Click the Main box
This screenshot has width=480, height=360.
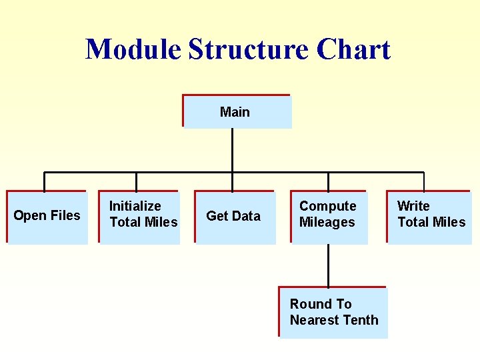tap(237, 111)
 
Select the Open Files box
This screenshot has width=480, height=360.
tap(47, 217)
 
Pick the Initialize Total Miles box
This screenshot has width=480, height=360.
tap(139, 217)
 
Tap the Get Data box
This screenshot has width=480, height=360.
tap(234, 217)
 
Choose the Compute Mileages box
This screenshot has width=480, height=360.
tap(329, 217)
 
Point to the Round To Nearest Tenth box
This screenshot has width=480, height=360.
tap(333, 313)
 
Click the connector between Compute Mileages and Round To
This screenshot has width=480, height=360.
tap(328, 265)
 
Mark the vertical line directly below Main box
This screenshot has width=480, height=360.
tap(232, 150)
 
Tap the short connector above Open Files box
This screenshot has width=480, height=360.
tap(44, 182)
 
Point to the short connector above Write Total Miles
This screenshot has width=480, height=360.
tap(424, 182)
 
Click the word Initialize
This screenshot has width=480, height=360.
tap(135, 207)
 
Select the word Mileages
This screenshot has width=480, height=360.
tap(327, 223)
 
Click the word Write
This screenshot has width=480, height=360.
tap(413, 207)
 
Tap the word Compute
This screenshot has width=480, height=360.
tap(327, 207)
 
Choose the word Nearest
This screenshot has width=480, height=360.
tap(315, 321)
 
